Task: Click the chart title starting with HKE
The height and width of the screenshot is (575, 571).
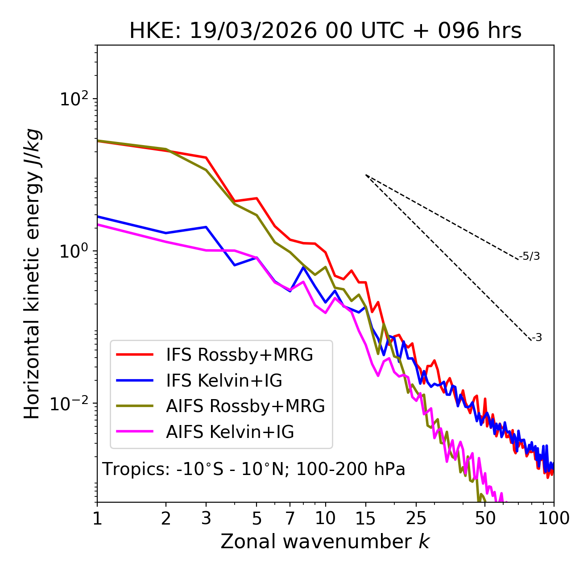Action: (x=325, y=31)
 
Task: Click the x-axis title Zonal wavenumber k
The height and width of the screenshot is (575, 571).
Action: (x=325, y=542)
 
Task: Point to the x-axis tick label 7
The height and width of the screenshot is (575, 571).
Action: (x=290, y=518)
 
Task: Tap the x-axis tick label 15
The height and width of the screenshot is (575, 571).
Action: (x=365, y=518)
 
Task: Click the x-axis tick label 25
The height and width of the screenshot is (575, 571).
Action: (x=416, y=518)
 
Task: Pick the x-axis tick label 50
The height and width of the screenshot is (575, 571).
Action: (x=485, y=518)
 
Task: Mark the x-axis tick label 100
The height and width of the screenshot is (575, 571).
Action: (x=554, y=518)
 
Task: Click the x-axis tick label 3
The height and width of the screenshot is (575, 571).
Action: (x=206, y=518)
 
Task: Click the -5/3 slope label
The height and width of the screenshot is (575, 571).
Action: (x=530, y=256)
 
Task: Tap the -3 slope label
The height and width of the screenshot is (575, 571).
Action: (x=537, y=338)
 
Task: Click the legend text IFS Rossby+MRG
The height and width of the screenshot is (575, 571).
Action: (x=240, y=355)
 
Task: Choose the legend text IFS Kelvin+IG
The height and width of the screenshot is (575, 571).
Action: (x=224, y=381)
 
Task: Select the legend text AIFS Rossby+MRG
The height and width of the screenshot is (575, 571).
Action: (x=245, y=406)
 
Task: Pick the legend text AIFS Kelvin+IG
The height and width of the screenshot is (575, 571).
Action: (x=230, y=432)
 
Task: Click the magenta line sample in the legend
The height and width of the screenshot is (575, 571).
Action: (x=135, y=432)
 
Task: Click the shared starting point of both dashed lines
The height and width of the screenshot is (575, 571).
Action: (x=366, y=175)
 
